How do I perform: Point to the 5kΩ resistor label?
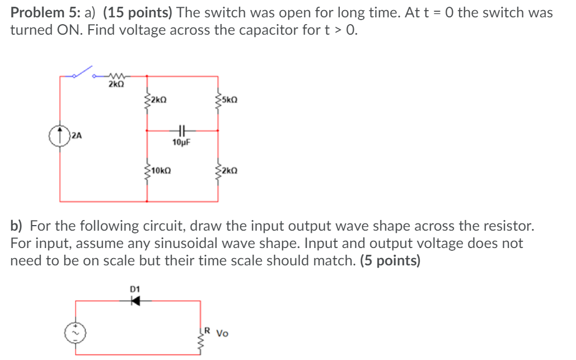(x=230, y=100)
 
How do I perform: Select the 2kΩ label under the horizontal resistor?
(x=116, y=85)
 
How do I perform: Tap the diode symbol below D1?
(x=134, y=301)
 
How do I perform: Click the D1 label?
(x=134, y=288)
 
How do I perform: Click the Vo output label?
(x=222, y=334)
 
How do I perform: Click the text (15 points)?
(x=138, y=13)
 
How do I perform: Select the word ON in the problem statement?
(x=57, y=30)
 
